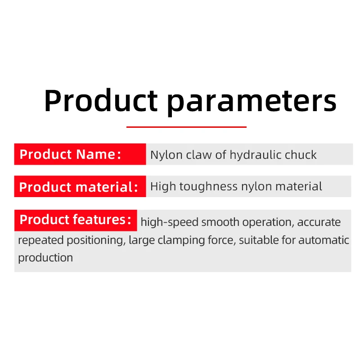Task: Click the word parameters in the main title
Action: [x=252, y=102]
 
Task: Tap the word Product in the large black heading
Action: [x=101, y=100]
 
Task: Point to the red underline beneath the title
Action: [x=186, y=127]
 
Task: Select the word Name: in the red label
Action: [x=99, y=154]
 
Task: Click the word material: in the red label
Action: [x=107, y=187]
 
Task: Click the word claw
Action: [x=199, y=155]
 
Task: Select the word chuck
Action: [x=301, y=155]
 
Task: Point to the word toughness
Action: [x=208, y=186]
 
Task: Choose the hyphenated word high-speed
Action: [x=170, y=222]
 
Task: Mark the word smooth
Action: [x=220, y=222]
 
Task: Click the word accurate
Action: [x=319, y=222]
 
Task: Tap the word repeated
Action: [x=40, y=240]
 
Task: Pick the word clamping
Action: [x=181, y=240]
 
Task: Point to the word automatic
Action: [x=324, y=240]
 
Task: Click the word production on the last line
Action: [x=45, y=258]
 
